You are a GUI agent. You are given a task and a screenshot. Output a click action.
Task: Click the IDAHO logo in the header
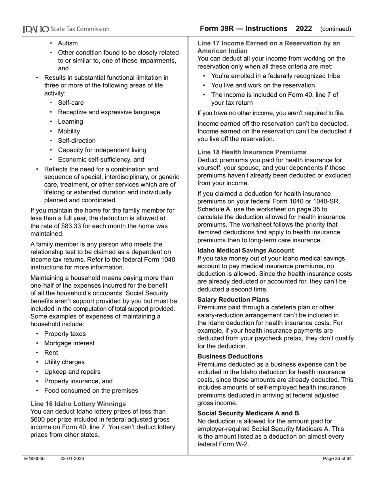pos(36,29)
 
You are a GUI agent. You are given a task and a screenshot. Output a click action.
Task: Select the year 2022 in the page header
pos(304,29)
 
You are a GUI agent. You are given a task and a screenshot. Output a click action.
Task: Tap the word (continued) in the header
pos(335,29)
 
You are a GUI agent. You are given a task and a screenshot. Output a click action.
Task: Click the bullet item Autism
pos(68,43)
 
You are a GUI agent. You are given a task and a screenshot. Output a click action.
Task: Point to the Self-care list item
pos(71,103)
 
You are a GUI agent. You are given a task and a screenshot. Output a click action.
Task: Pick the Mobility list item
pos(69,131)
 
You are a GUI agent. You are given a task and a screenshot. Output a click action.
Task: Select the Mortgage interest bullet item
pos(69,343)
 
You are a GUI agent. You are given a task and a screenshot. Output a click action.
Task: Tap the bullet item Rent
pos(51,353)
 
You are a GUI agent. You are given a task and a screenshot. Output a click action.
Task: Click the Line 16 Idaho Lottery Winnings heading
pos(78,404)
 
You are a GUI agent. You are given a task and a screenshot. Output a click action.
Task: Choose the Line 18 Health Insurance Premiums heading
pos(252,152)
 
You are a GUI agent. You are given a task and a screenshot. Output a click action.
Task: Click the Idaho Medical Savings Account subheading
pos(245,251)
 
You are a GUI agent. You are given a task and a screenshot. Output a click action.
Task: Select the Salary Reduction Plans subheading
pos(233,300)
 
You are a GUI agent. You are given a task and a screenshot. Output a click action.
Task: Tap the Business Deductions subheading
pos(230,356)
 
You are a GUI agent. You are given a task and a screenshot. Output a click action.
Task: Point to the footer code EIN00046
pos(34,459)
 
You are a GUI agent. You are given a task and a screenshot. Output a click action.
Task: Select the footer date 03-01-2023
pos(72,459)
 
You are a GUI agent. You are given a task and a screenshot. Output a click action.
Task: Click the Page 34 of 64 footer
pos(337,459)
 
